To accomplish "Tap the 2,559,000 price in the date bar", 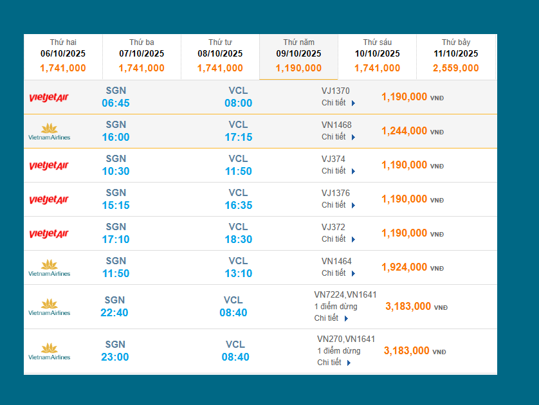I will point(456,68).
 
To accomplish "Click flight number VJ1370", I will point(336,91).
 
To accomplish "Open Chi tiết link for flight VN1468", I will point(338,137).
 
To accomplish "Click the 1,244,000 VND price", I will point(404,131).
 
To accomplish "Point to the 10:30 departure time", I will point(116,172).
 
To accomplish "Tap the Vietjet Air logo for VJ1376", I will point(49,200).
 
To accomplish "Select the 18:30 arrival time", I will point(238,240).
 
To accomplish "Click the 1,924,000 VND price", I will point(404,267).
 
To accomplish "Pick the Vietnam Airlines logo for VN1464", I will point(50,268).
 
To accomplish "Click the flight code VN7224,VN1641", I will point(345,294).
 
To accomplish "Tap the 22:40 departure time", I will point(114,313).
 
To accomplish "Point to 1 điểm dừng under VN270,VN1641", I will point(339,351).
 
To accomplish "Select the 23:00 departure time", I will point(114,357).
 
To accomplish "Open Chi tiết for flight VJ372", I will point(338,239).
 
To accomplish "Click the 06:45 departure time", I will point(116,104).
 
